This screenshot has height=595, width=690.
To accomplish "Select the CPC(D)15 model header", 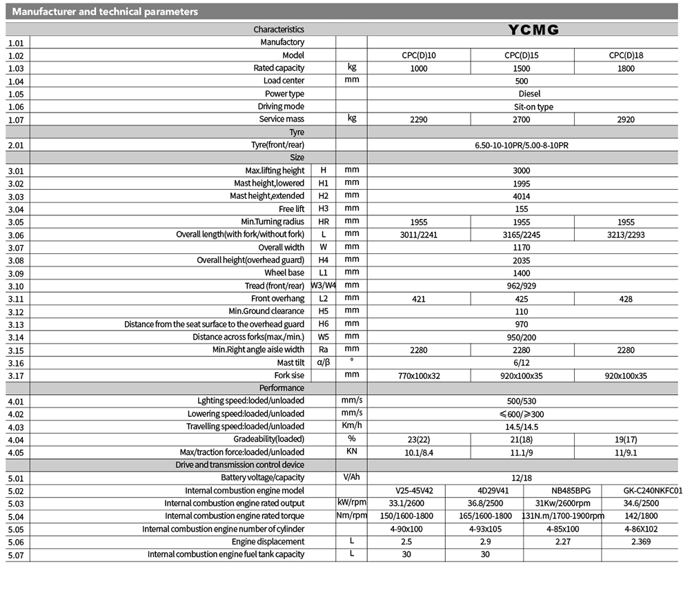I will (522, 55).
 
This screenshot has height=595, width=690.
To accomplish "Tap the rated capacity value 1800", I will (627, 68).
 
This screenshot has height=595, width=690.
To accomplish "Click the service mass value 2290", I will (418, 119).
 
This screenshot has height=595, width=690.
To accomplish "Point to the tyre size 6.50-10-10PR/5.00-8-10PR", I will (522, 145).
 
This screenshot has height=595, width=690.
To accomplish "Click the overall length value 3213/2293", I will (627, 235).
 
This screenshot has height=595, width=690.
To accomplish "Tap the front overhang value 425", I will (522, 299).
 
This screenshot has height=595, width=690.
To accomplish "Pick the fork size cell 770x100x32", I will (418, 376).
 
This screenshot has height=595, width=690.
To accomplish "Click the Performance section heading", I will (286, 388).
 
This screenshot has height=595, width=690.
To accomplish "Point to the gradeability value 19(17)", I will (627, 440).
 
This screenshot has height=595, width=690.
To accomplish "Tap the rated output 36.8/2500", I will (484, 504).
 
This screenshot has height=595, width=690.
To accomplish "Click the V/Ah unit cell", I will (352, 478).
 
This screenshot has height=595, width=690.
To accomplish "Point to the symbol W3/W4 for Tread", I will (324, 286).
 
